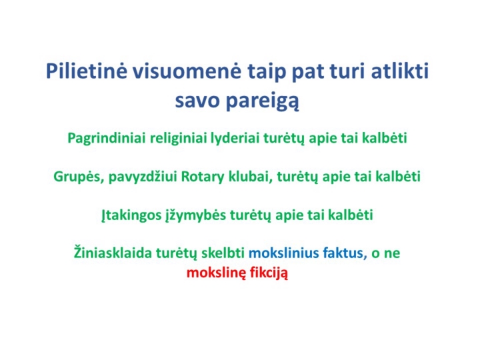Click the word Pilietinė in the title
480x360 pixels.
86,71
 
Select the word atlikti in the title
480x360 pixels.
400,71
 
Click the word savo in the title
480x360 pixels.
197,101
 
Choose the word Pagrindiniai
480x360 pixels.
107,139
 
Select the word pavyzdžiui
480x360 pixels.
143,177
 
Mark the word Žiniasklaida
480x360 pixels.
113,253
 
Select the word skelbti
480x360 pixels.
223,253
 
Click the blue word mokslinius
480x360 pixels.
284,253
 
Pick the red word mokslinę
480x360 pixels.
216,273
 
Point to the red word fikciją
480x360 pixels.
269,273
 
